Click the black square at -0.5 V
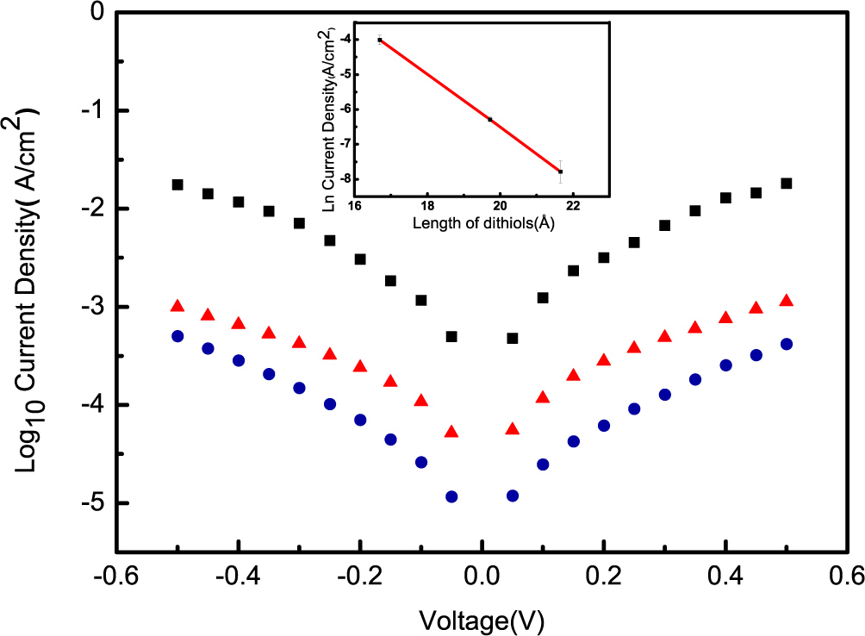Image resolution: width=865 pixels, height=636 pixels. pos(177,184)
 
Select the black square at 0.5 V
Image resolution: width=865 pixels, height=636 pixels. pos(786,183)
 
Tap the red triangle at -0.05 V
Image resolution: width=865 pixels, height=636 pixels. pos(451,432)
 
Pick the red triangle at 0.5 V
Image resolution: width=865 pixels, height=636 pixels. pos(786,301)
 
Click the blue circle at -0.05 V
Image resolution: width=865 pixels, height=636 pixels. pos(451,496)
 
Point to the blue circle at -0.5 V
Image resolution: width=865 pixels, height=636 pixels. pos(177,336)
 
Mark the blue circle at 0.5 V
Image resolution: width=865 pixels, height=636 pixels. pos(786,344)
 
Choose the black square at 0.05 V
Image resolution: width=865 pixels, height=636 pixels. pos(513,338)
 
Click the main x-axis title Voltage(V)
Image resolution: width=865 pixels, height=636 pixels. pos(482,618)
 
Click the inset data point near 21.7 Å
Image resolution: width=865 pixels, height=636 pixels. pos(560,171)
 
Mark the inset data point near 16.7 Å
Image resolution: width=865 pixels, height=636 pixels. pos(379,40)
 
